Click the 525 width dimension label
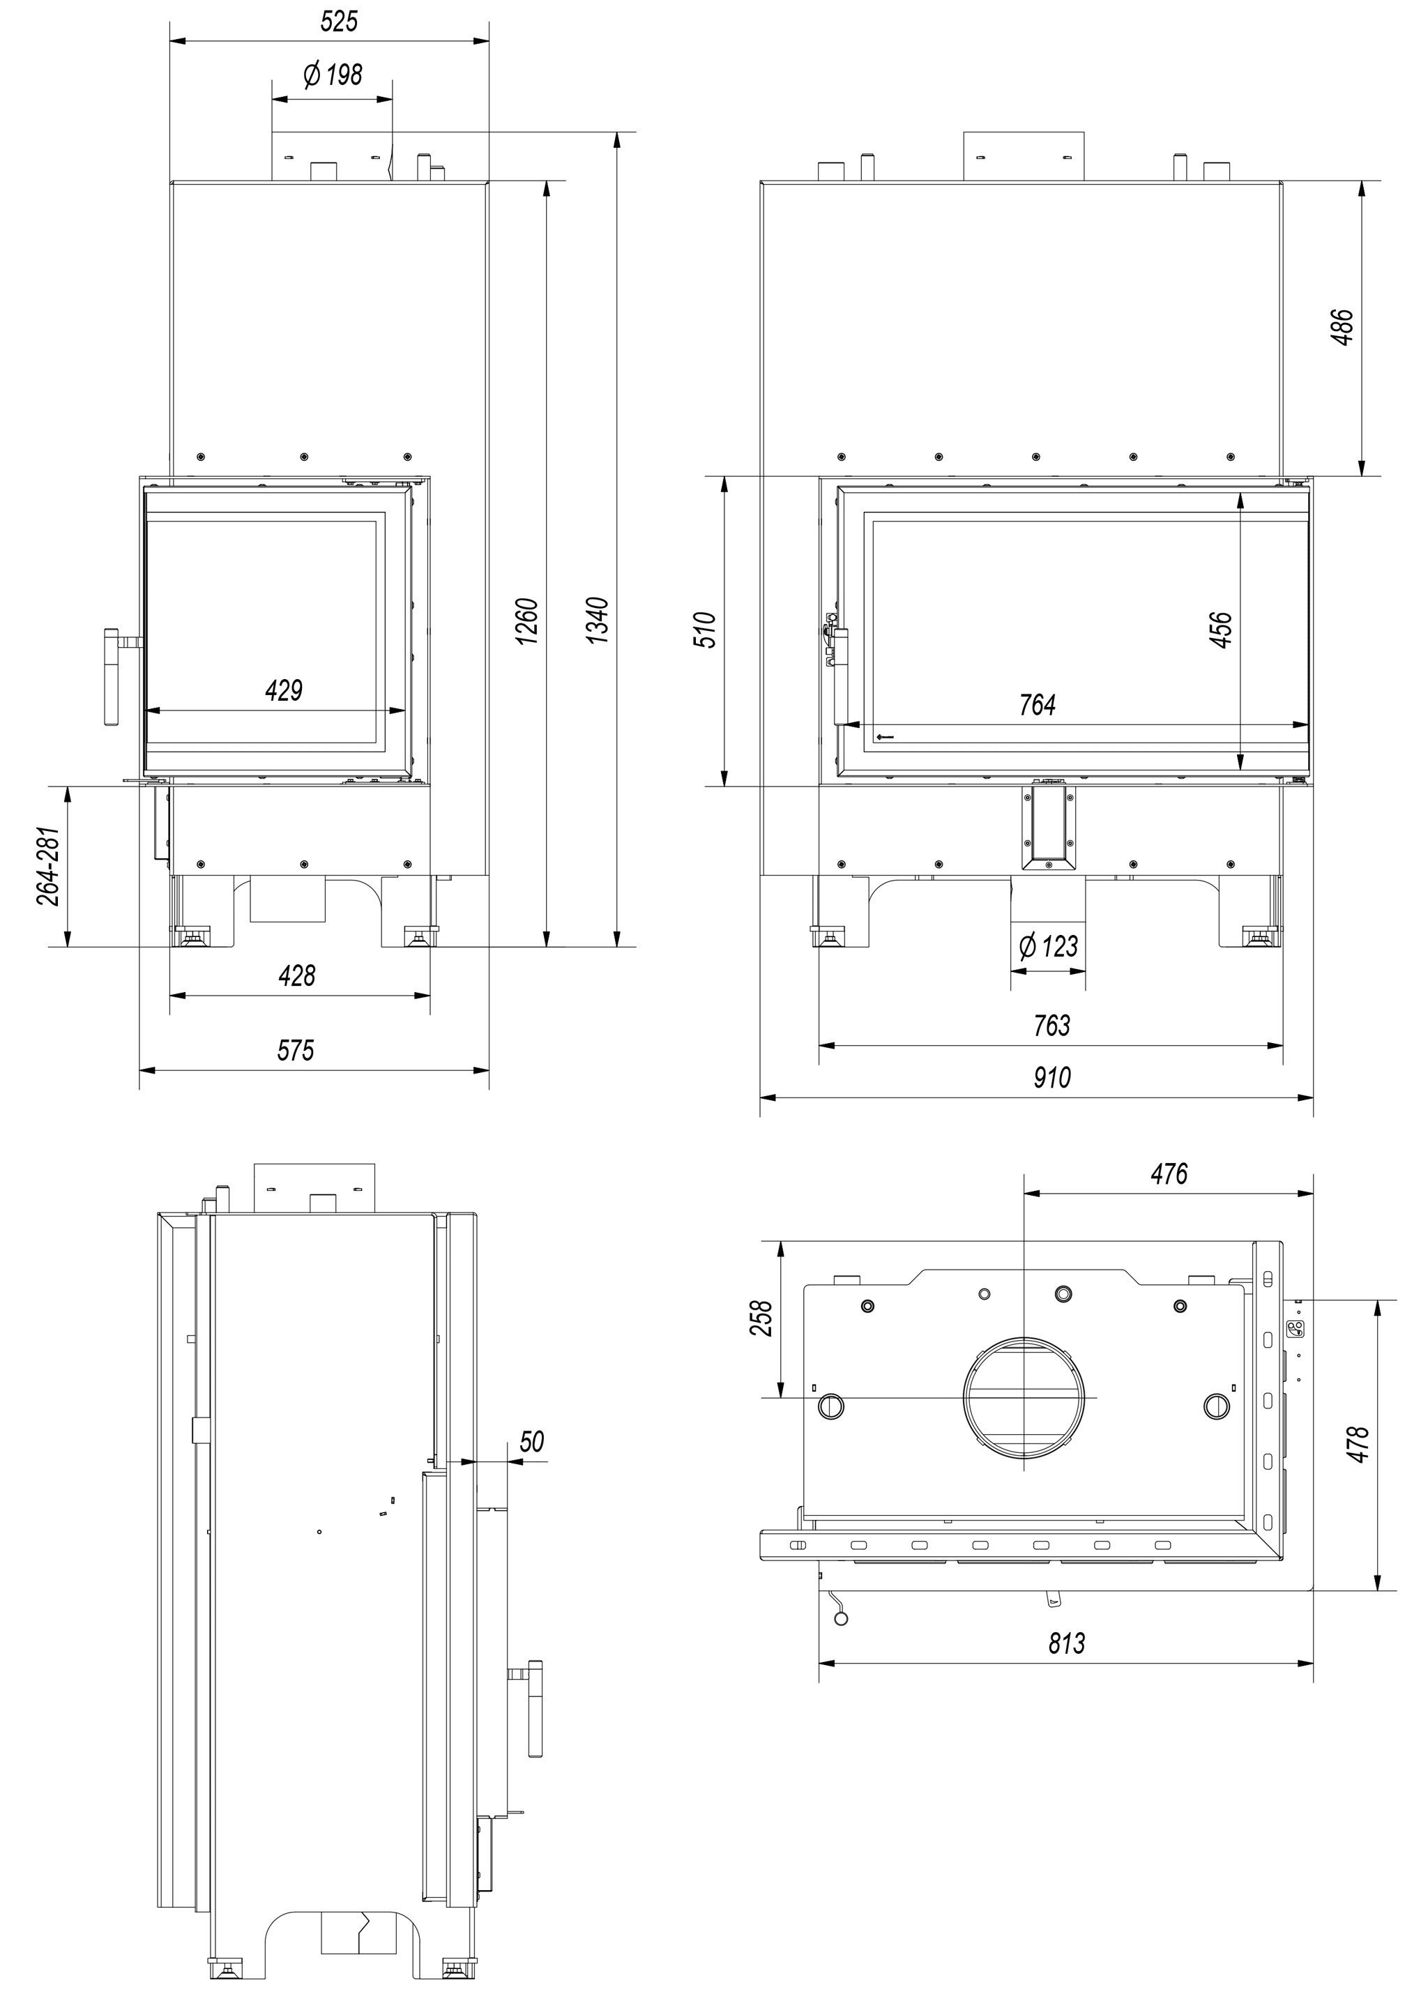tap(340, 21)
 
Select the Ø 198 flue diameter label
tap(333, 75)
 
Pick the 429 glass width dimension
tap(284, 691)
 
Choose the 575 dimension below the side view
tap(296, 1051)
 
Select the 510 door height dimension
tap(706, 630)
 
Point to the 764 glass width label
tap(1038, 705)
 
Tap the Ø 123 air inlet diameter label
tap(1047, 947)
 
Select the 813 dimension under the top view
tap(1067, 1643)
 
